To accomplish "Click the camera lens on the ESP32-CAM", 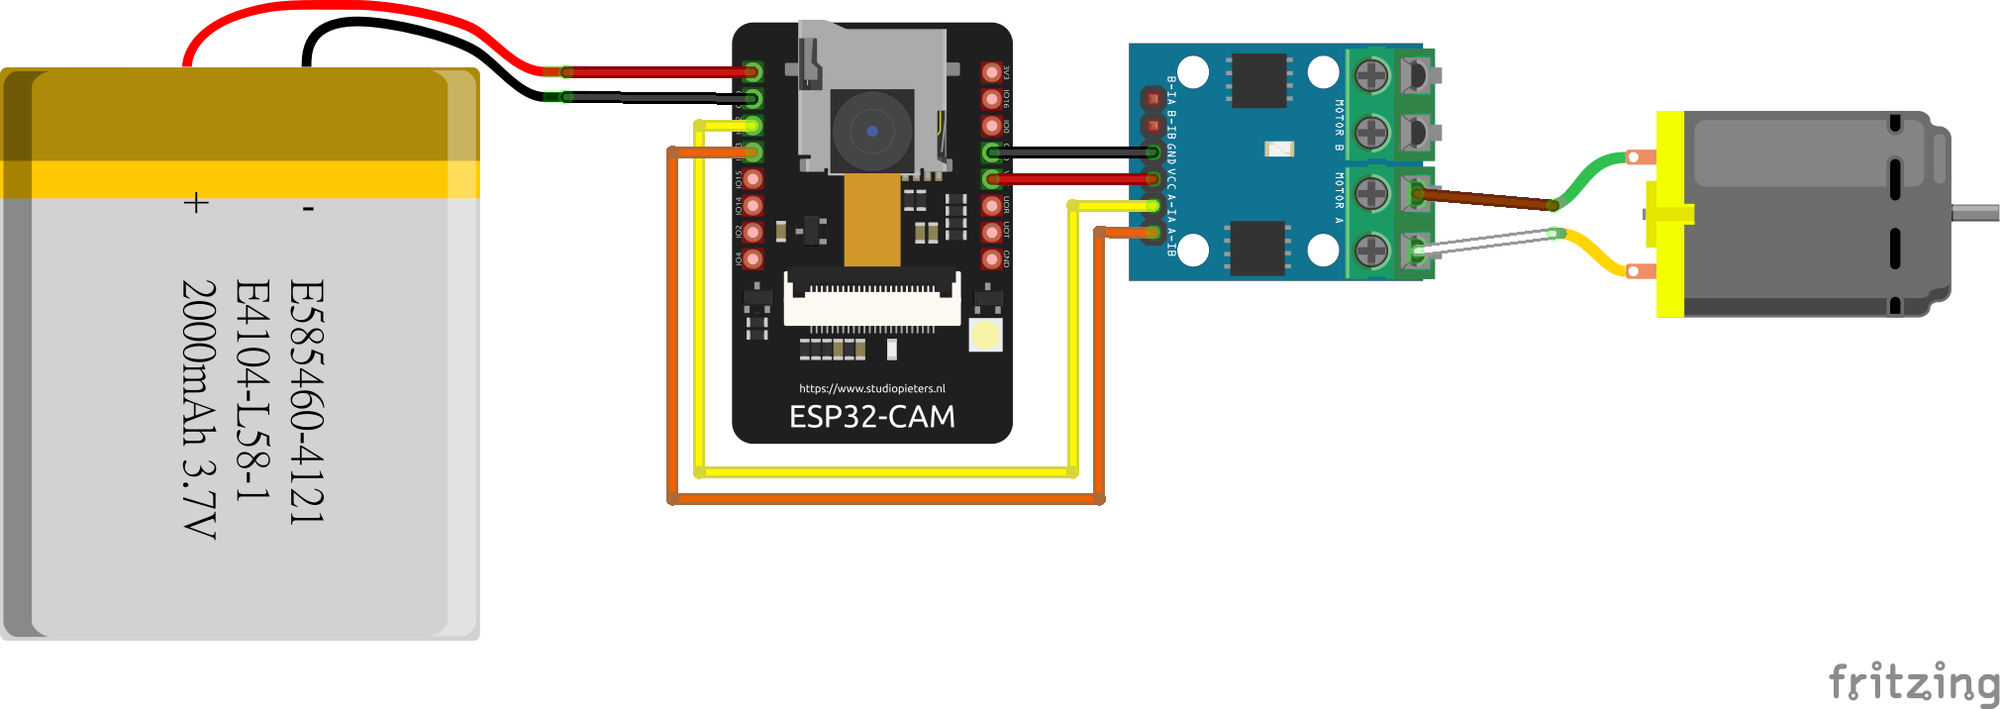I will click(x=871, y=131).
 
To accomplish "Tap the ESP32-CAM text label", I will click(x=871, y=417).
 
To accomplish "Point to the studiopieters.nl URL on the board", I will click(x=871, y=388).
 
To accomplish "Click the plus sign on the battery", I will click(x=196, y=203).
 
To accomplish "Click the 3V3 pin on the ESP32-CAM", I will click(x=991, y=72).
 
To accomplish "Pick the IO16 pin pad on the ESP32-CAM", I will click(x=991, y=99).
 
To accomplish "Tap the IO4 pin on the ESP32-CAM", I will click(x=753, y=259).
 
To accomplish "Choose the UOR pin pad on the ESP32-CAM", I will click(x=991, y=206).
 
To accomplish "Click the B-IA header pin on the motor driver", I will click(x=1152, y=98).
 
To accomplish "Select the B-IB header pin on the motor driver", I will click(x=1152, y=126).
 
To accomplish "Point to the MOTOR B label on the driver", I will click(x=1339, y=125).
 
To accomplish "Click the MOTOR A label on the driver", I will click(x=1339, y=198).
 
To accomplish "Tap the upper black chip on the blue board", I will click(x=1258, y=80).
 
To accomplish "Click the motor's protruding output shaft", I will click(x=1974, y=213).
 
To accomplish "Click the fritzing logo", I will click(x=1913, y=683).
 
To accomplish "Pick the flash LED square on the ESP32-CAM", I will click(x=985, y=335).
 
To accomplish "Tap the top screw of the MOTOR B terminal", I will click(x=1371, y=74).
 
